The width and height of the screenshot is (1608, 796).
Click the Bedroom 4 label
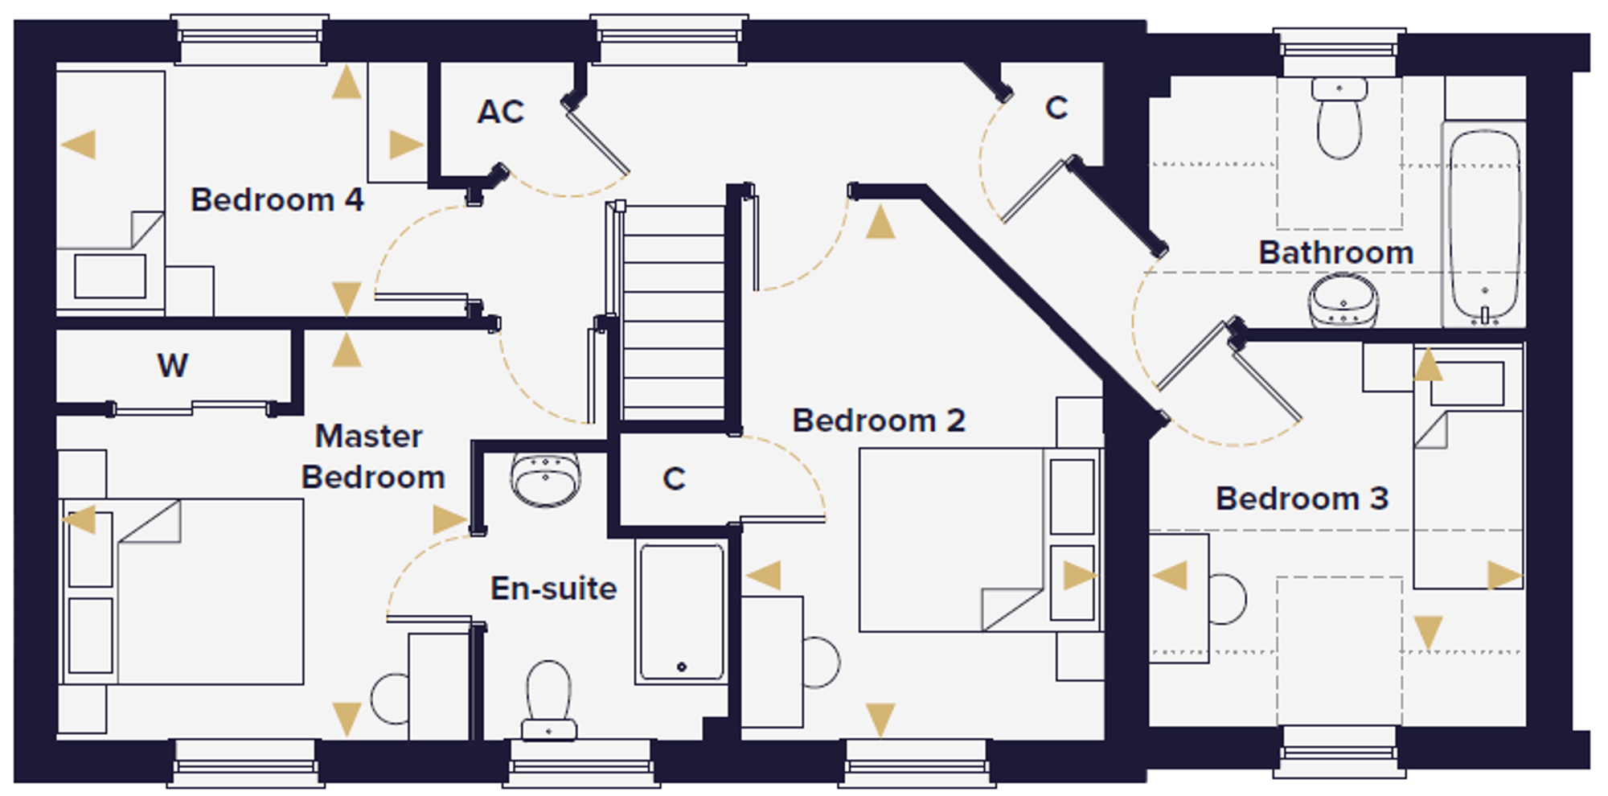[277, 199]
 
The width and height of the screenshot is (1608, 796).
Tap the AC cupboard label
[500, 112]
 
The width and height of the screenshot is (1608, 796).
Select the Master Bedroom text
[373, 457]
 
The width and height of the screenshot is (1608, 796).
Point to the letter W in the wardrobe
[173, 365]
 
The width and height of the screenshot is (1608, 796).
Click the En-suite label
[554, 589]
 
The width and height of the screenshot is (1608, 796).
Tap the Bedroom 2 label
[879, 421]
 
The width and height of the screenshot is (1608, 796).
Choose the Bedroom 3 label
[1302, 499]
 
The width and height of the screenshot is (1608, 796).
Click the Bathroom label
[1336, 252]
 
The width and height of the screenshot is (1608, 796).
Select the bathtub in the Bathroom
[1484, 224]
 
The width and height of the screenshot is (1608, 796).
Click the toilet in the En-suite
[548, 700]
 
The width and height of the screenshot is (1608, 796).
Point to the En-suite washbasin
[546, 480]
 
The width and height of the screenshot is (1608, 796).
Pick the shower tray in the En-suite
[682, 612]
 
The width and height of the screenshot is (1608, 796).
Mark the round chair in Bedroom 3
[1227, 599]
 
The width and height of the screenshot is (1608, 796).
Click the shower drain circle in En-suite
[682, 667]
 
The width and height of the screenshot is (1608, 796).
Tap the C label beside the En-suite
[674, 479]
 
